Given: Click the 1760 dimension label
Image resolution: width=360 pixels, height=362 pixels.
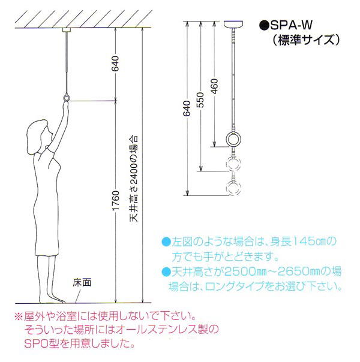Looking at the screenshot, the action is point(116,200).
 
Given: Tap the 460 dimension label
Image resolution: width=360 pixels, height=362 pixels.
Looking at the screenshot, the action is point(214,86).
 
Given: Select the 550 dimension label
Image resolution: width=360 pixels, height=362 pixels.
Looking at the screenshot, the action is point(201,100).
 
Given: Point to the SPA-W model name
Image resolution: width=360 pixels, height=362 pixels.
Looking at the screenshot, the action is point(291,25).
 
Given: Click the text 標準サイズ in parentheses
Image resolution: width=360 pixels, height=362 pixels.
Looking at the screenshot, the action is point(307,40).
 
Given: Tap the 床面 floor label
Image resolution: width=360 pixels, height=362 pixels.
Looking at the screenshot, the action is point(82,282).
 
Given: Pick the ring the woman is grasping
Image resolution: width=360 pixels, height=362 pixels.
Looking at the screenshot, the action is point(67,98).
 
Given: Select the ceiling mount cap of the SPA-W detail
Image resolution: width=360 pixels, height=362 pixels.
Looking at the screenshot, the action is point(233,25).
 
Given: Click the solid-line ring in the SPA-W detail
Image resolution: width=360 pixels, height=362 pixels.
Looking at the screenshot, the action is point(233,140).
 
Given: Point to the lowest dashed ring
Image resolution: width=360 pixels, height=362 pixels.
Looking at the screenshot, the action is point(233,188).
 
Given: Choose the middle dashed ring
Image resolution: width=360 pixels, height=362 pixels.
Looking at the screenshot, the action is point(233,164).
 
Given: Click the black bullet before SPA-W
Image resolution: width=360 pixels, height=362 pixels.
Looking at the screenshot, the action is point(264,25).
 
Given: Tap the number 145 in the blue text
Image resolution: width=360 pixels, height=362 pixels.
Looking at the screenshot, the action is point(301,242).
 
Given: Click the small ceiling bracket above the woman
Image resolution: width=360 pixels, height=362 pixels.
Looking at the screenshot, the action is point(67,30).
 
